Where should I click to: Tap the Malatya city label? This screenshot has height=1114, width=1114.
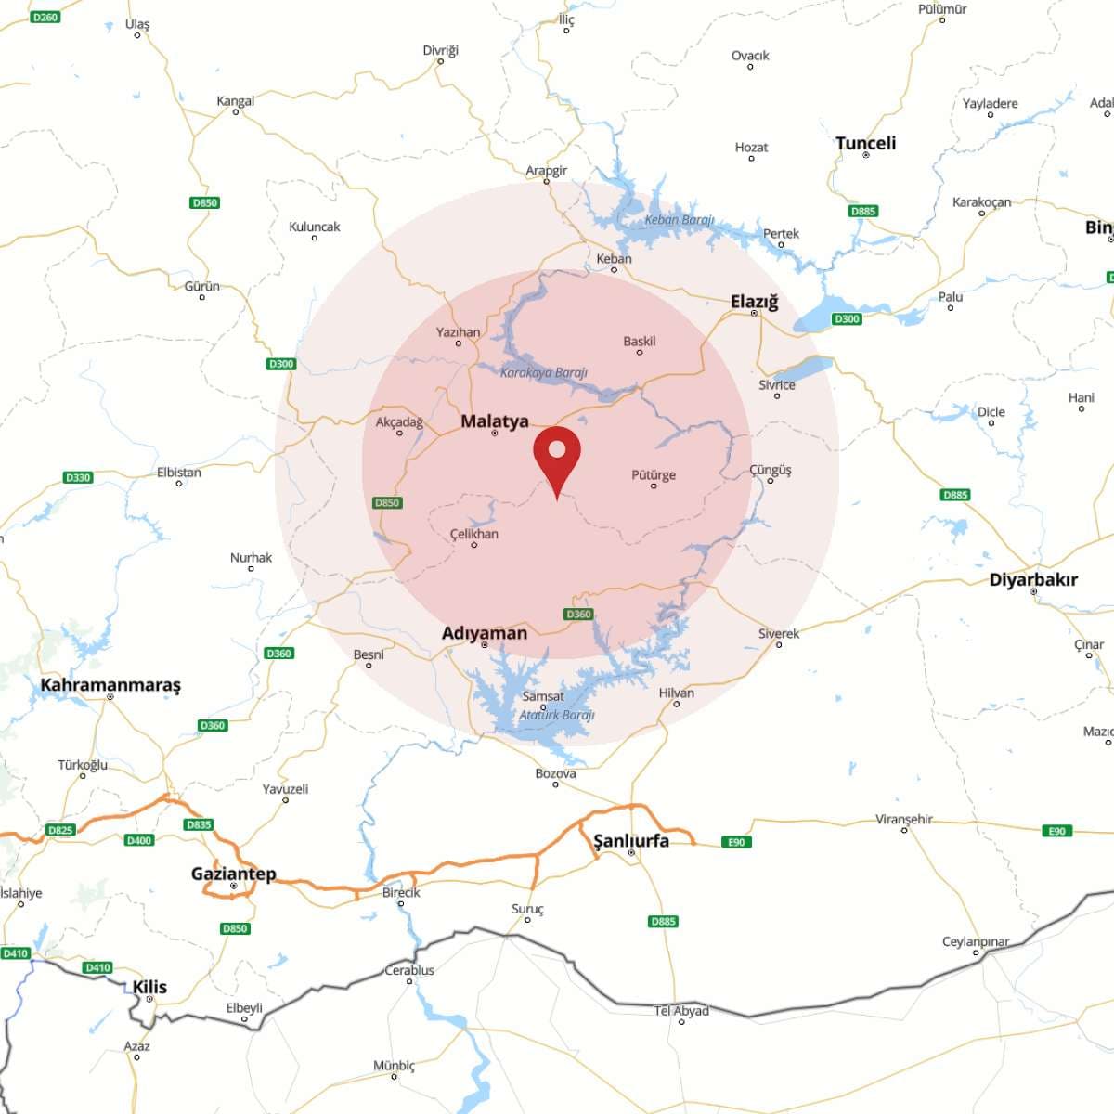(495, 421)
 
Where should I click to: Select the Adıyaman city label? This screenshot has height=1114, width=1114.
(484, 633)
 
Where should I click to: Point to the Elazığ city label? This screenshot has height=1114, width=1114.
(754, 302)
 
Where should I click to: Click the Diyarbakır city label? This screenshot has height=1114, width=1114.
(1033, 580)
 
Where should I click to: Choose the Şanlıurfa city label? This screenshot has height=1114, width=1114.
(631, 841)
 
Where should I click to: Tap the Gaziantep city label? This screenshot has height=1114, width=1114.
(233, 874)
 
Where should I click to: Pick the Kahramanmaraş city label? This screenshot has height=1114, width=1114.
(110, 685)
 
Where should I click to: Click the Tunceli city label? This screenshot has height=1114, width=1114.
(865, 143)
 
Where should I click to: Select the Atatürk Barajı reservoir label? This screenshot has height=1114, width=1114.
(557, 715)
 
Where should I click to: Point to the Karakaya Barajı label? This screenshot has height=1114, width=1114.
(544, 373)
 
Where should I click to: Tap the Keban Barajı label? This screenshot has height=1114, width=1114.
(680, 220)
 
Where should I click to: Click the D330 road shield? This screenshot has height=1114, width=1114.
(78, 477)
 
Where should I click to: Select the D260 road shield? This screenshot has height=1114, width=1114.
(45, 17)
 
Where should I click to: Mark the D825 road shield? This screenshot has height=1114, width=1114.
(59, 830)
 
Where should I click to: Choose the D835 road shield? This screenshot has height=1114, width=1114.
(199, 824)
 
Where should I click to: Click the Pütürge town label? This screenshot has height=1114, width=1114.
(654, 475)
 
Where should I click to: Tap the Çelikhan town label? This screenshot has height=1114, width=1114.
(473, 534)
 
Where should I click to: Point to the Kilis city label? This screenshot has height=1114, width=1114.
(149, 987)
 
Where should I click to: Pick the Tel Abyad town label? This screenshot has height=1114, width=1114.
(681, 1011)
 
